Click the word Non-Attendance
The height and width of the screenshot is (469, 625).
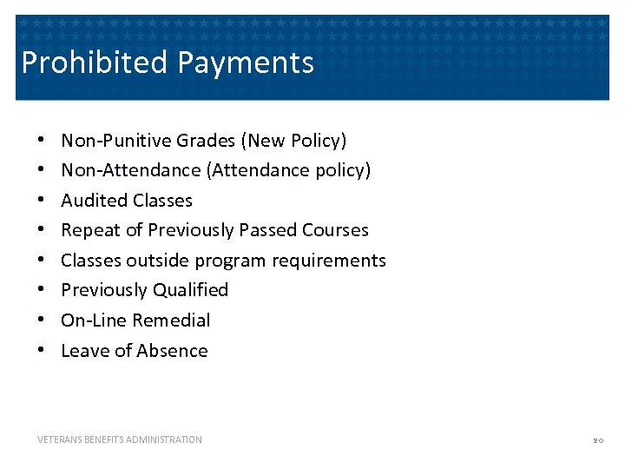coord(131,170)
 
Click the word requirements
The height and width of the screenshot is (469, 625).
coord(332,261)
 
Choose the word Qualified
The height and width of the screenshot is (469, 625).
coord(190,290)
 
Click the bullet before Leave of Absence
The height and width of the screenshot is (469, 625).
coord(41,351)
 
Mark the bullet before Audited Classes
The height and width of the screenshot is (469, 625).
coord(41,201)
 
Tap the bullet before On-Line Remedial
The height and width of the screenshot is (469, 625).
coord(41,320)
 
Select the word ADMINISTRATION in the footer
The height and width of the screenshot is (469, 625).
coord(165,440)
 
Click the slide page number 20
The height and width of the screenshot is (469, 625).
coord(597,441)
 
